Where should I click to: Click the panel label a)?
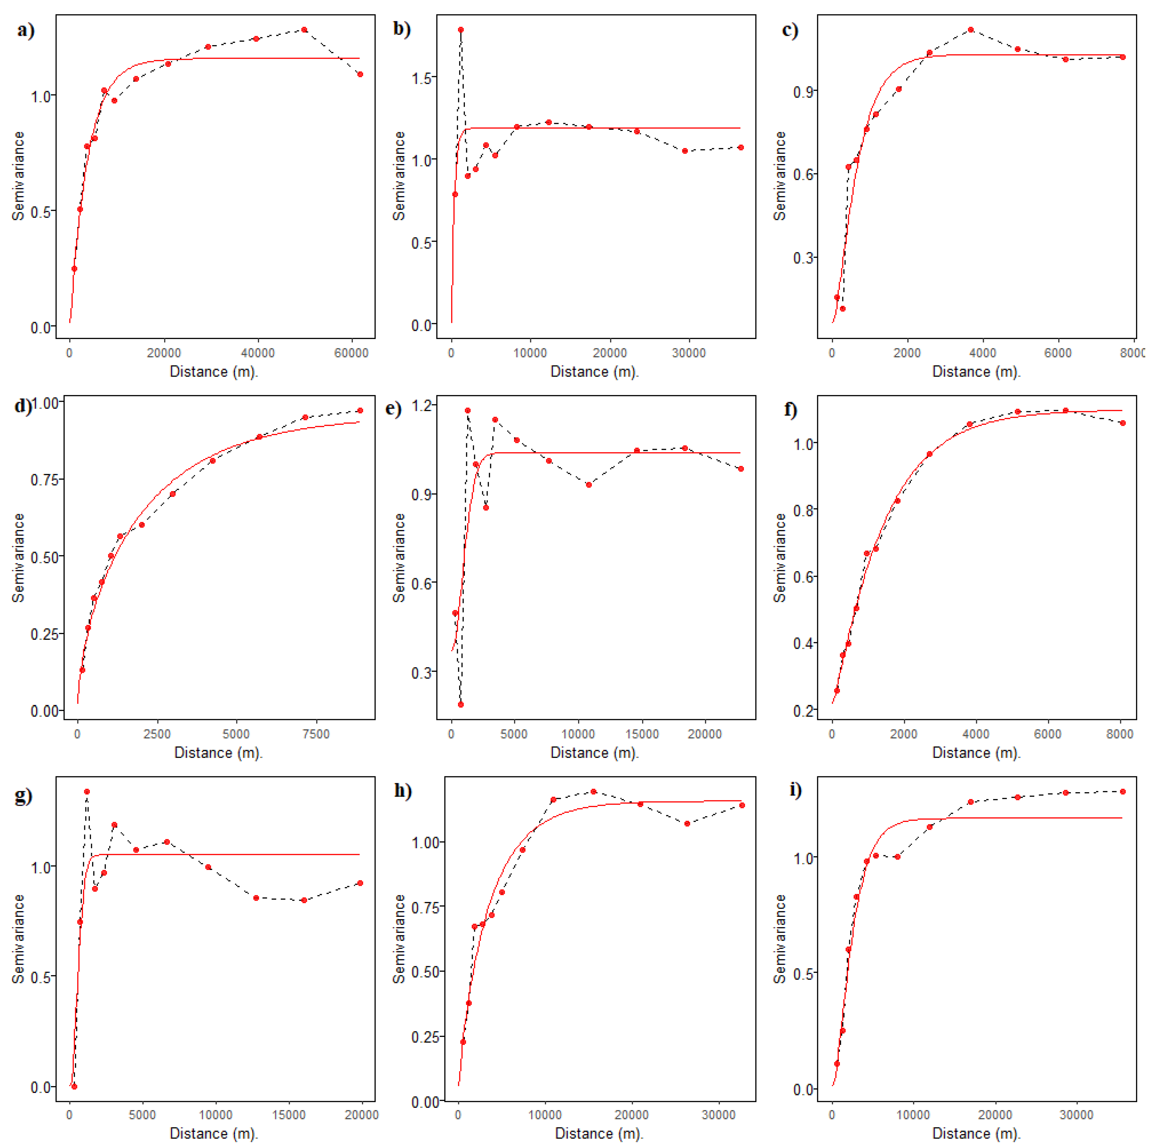click(25, 30)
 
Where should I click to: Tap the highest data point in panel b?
click(460, 30)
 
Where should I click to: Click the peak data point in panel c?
click(971, 30)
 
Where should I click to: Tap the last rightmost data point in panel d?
click(360, 411)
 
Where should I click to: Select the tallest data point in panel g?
click(87, 792)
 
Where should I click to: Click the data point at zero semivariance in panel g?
click(74, 1086)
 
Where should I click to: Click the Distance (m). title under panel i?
click(976, 1133)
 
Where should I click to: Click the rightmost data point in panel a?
click(360, 74)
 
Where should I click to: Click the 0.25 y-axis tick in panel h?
click(425, 1037)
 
